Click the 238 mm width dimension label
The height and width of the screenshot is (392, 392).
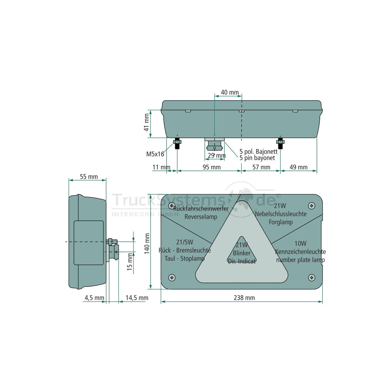pyautogui.click(x=244, y=298)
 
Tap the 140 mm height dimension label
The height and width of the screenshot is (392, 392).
pyautogui.click(x=147, y=243)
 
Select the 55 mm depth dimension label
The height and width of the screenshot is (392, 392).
pyautogui.click(x=89, y=177)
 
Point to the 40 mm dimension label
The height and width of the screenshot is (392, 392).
pyautogui.click(x=230, y=92)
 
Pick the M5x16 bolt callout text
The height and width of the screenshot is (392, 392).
pyautogui.click(x=155, y=154)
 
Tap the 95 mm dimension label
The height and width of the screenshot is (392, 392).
pyautogui.click(x=212, y=167)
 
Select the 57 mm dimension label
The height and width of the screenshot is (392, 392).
pyautogui.click(x=261, y=167)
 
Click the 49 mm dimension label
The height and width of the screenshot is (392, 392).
pyautogui.click(x=299, y=167)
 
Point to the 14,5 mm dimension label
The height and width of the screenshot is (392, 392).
pyautogui.click(x=137, y=298)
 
